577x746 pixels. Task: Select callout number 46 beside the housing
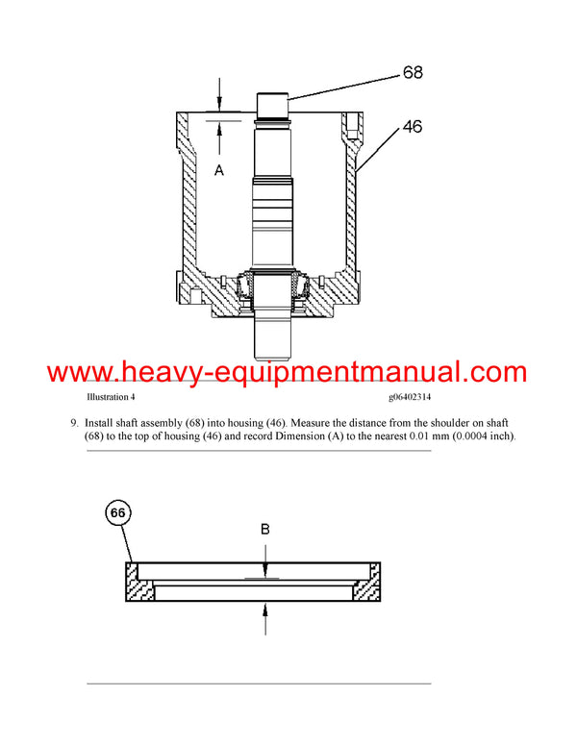(412, 126)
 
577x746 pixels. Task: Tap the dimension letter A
(218, 170)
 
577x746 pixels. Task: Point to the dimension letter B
(264, 528)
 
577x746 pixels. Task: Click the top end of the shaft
(275, 100)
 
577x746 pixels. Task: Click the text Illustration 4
(112, 397)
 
